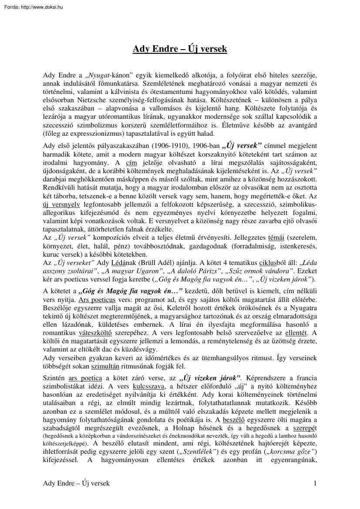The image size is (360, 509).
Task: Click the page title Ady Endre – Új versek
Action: pos(180,49)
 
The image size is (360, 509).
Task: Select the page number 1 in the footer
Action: pos(314,483)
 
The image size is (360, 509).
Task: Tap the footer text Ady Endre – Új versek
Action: pos(76,483)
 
